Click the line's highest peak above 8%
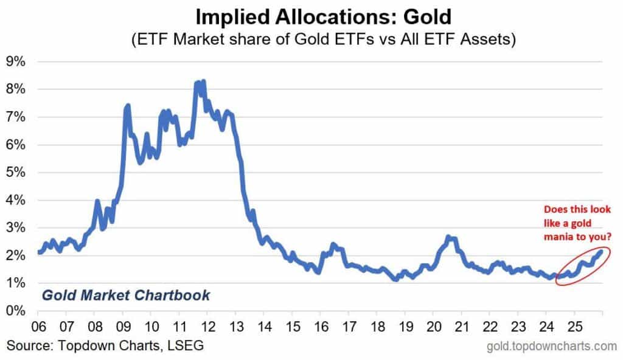click(203, 81)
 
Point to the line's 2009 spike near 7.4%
click(128, 106)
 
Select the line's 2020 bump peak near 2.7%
click(448, 237)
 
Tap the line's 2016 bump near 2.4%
click(333, 244)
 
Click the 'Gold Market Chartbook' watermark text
click(125, 296)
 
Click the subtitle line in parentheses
click(311, 40)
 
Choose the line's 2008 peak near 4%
click(97, 201)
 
